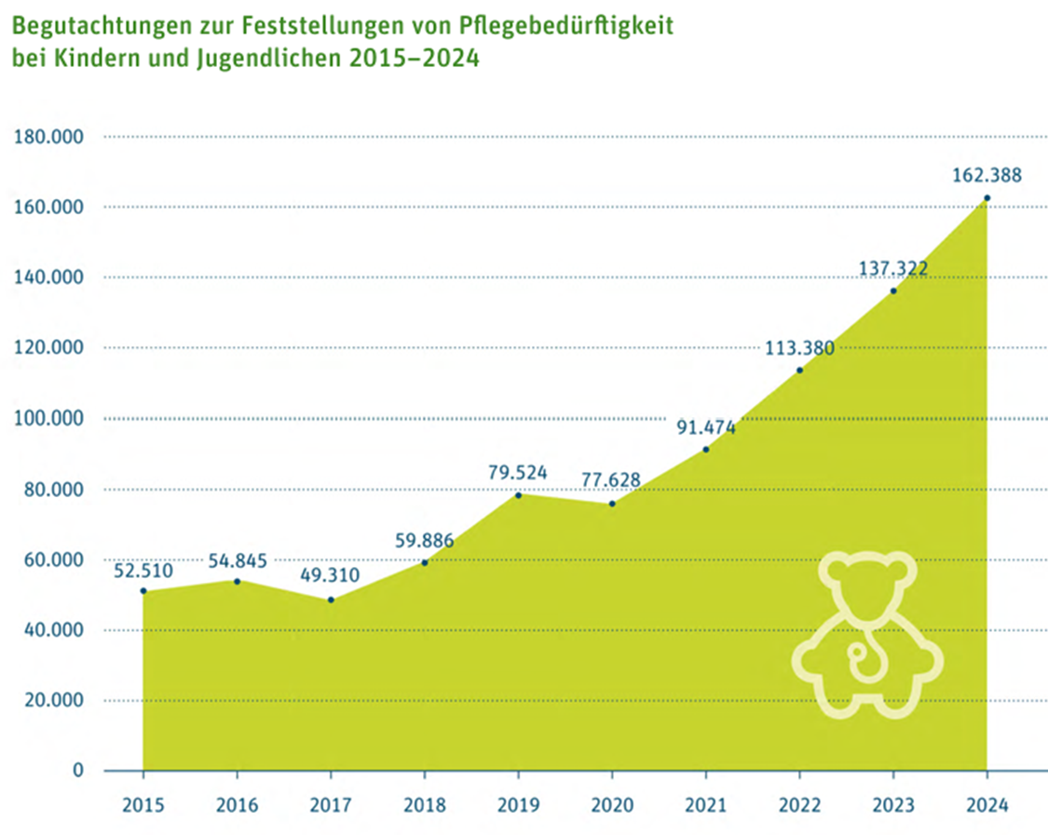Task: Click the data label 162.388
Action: point(987,175)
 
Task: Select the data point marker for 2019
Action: point(518,494)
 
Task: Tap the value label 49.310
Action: point(331,575)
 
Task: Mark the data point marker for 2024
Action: point(987,198)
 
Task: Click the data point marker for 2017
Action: point(331,599)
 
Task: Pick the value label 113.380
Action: point(799,348)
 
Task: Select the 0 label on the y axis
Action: point(78,771)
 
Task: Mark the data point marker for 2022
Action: point(799,370)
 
